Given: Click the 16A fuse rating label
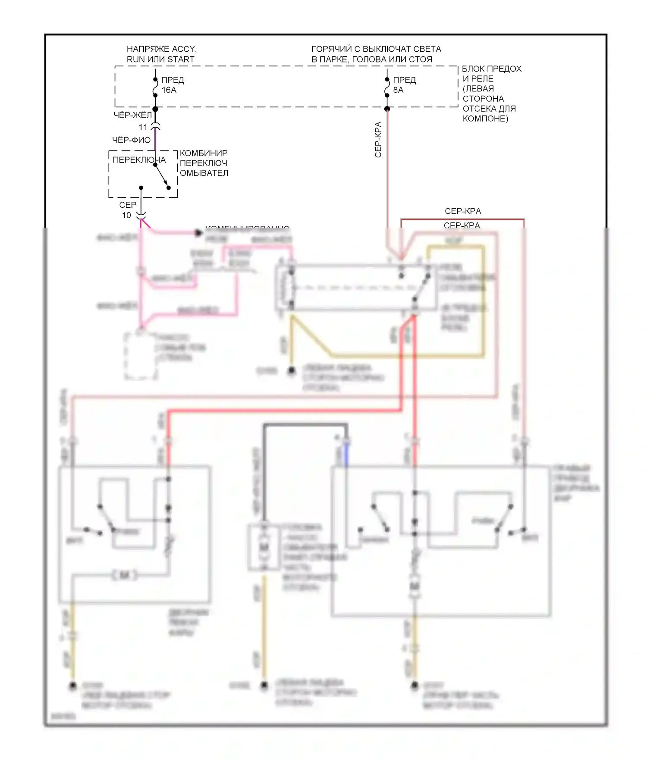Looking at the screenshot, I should point(169,90).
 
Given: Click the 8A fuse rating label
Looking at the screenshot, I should point(398,90).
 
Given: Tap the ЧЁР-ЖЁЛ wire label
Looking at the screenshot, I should point(132,115).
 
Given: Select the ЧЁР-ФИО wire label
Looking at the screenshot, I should point(131,140).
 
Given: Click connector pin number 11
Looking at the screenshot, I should point(143,127).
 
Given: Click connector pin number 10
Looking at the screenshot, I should point(126,215).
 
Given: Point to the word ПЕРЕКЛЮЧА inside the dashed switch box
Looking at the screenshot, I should point(139,160).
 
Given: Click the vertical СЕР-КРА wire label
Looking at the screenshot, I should point(378,140).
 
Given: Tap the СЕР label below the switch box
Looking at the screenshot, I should point(128,205).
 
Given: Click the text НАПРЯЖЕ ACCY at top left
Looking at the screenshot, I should point(161,49).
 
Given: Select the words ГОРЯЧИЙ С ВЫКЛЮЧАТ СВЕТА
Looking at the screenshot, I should point(376,49).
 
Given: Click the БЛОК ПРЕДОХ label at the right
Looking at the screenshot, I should point(492,69).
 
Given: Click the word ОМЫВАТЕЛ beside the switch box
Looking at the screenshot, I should point(204,173).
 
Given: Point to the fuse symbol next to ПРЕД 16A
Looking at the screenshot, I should point(155,88).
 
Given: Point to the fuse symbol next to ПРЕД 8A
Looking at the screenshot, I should point(387,88).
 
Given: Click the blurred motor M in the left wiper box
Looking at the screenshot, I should point(125,575).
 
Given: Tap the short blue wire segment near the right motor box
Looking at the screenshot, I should point(346,456).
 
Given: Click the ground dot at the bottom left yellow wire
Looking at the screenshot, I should point(73,685).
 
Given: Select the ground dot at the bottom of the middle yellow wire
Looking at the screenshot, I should point(264,685).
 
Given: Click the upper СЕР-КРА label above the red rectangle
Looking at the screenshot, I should point(462,211).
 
